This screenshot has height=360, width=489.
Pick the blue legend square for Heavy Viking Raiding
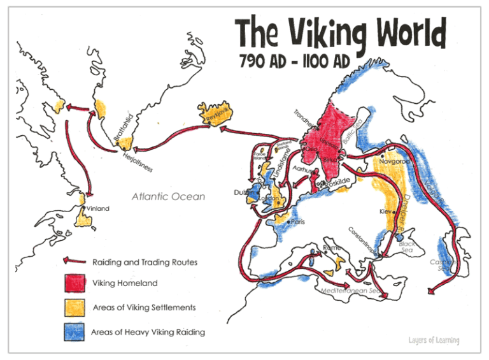coord(74,332)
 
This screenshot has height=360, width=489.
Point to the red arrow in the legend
coord(74,261)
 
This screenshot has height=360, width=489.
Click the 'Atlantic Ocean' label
coord(168,196)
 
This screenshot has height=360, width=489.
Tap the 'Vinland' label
coord(97,208)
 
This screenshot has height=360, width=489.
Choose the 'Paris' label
coord(298,222)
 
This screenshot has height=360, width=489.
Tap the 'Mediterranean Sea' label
coord(350,290)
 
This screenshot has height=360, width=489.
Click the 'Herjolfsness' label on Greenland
coord(136,164)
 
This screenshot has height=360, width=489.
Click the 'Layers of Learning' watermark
coord(434,340)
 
